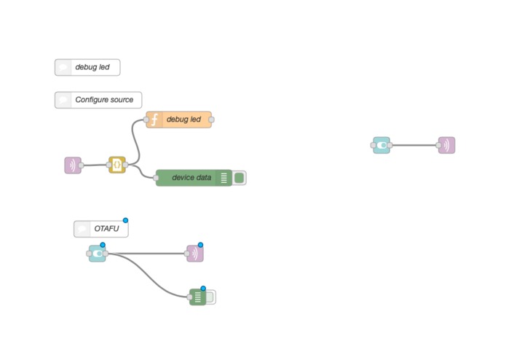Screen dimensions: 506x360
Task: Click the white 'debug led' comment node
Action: tap(87, 67)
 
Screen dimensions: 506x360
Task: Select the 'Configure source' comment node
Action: tap(98, 100)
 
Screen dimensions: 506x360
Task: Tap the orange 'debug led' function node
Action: tap(179, 120)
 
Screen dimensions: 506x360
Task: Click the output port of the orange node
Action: tap(211, 120)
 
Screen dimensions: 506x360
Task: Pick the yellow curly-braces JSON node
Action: tap(116, 165)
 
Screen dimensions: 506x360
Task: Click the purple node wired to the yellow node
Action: tap(73, 165)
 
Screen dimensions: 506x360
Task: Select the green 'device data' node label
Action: tap(191, 178)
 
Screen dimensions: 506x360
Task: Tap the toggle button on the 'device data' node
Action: tap(239, 178)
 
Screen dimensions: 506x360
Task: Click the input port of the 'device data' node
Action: tap(157, 178)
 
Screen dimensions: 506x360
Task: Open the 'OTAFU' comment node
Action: tap(100, 229)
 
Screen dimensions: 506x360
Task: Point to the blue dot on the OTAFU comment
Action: tap(125, 220)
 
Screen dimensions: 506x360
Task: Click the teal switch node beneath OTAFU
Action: tap(97, 254)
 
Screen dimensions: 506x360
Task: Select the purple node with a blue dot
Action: tap(195, 254)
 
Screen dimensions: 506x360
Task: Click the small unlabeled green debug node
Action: tap(197, 297)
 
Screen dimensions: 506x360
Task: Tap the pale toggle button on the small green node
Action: tap(210, 297)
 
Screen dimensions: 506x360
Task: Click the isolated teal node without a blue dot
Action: tap(382, 145)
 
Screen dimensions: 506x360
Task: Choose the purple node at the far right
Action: tap(446, 145)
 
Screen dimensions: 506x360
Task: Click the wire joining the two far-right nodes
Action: tap(414, 145)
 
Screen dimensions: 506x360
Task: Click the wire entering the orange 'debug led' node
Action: tap(136, 142)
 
